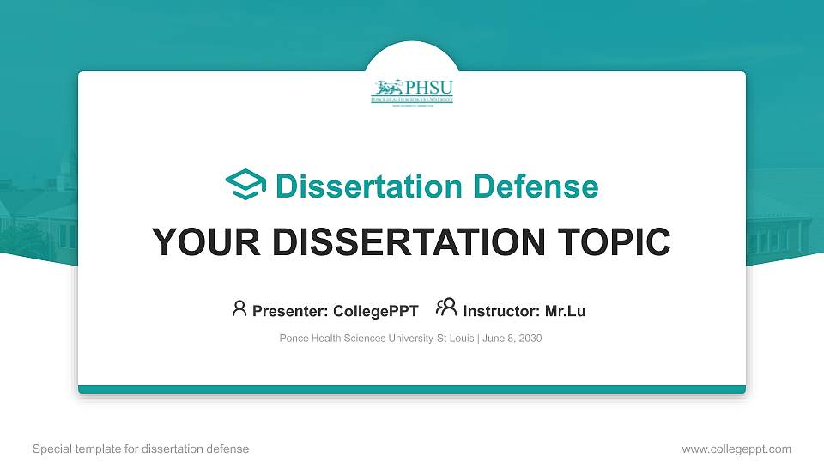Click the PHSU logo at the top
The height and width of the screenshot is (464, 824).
coord(412,91)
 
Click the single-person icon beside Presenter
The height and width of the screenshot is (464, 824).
coord(239,308)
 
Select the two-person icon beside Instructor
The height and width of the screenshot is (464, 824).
coord(446,308)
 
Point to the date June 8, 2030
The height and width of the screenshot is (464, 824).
coord(512,339)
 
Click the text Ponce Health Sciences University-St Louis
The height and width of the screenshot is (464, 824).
coord(376,339)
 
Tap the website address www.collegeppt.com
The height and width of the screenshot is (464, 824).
coord(736,449)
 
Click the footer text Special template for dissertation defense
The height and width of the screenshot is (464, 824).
coord(141,449)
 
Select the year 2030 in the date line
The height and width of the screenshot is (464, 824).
coord(529,339)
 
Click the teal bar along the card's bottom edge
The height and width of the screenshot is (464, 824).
coord(412,389)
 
